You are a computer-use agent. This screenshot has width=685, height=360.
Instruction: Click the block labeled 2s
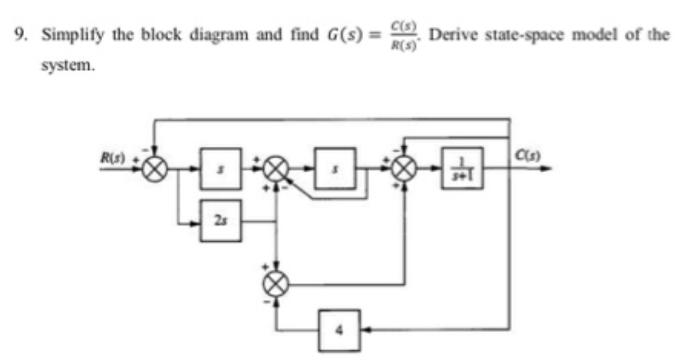coord(221,221)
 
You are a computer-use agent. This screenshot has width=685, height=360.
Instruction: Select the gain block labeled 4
coord(339,330)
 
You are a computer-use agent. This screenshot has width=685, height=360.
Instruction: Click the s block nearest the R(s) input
coord(221,169)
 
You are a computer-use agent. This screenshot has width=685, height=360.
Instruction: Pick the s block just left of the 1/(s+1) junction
coord(336,169)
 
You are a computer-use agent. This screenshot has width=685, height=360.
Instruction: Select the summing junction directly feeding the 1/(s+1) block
coord(405,169)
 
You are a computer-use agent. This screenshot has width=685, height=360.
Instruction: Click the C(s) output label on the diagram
coord(527,156)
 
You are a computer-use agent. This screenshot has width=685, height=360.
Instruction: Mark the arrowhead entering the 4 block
coord(365,330)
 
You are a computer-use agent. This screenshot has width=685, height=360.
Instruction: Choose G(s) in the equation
coord(342,35)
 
